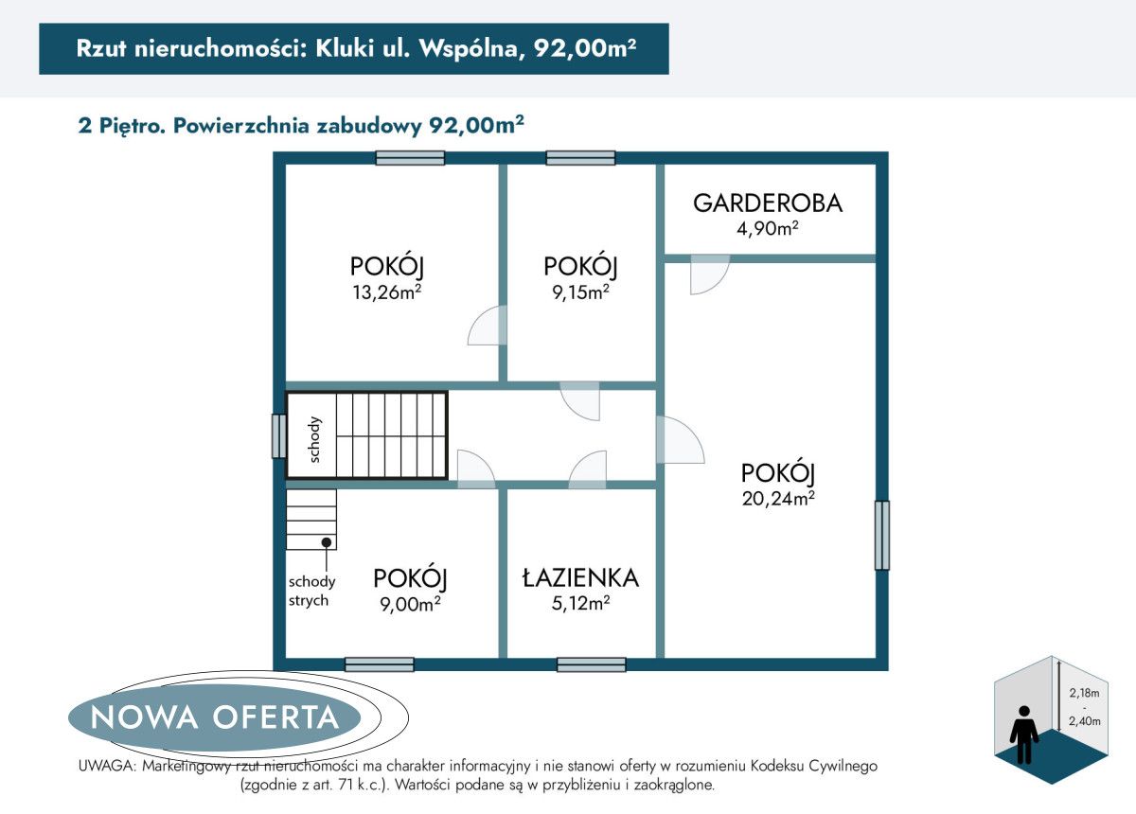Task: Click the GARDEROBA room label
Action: (x=767, y=203)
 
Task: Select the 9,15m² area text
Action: (x=580, y=292)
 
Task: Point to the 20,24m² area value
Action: (x=778, y=498)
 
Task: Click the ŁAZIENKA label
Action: (x=580, y=577)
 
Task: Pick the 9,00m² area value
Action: (x=409, y=603)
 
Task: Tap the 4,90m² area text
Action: (x=767, y=228)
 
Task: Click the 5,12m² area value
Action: (x=580, y=603)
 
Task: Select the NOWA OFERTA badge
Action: (x=214, y=717)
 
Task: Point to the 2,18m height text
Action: (x=1084, y=691)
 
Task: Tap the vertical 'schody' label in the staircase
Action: (x=315, y=439)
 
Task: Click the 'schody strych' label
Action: (x=311, y=591)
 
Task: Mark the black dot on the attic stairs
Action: (x=326, y=542)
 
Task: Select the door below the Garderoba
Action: (x=708, y=274)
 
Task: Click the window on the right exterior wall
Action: (x=881, y=535)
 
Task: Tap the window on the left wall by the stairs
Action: (x=278, y=436)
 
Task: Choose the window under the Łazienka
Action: (x=591, y=664)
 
